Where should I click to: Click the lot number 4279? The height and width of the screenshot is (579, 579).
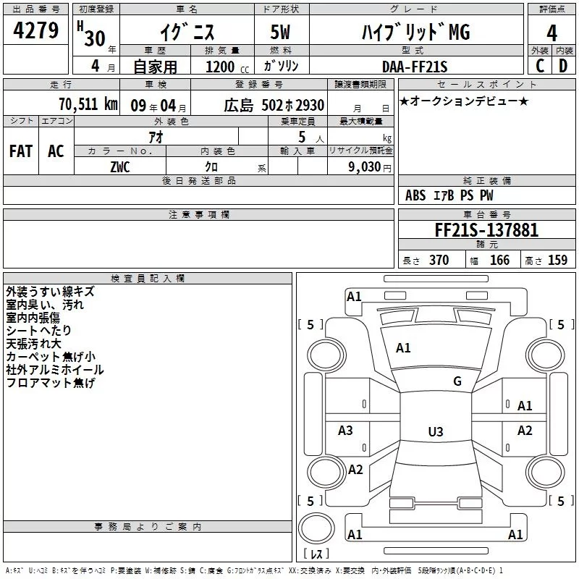[x=35, y=30]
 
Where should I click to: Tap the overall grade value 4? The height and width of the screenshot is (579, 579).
[x=551, y=33]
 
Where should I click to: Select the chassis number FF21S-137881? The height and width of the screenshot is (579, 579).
[x=486, y=229]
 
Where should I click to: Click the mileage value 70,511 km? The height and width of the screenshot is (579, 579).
[x=88, y=104]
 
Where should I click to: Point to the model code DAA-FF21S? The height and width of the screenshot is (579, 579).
[x=415, y=67]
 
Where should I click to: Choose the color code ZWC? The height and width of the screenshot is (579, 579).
[x=120, y=167]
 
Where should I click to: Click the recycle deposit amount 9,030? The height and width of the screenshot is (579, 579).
[x=365, y=167]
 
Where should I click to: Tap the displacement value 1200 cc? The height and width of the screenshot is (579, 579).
[x=227, y=67]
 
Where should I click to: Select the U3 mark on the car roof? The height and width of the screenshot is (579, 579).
[x=436, y=431]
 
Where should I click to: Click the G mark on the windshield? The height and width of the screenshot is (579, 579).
[x=457, y=381]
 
